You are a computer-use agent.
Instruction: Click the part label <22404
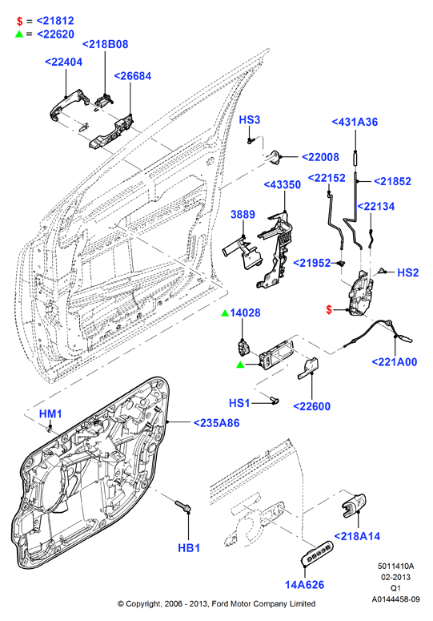64,62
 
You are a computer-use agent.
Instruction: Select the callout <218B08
105,44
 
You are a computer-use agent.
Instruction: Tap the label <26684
133,75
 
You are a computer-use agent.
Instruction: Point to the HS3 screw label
250,119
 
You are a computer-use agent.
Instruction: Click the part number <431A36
355,122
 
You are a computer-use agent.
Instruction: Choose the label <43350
283,184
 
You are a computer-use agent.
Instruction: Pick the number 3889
243,214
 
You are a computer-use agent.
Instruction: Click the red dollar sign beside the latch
329,310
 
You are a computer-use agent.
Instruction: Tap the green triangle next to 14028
225,313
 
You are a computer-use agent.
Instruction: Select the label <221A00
395,361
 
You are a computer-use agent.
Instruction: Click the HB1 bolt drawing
182,506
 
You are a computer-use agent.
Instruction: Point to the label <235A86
216,423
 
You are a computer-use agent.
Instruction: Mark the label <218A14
357,536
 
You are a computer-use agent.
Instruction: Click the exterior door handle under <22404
68,104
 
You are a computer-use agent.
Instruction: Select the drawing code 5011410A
395,567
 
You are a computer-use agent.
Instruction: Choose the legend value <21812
55,21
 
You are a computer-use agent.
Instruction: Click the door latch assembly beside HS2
360,293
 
